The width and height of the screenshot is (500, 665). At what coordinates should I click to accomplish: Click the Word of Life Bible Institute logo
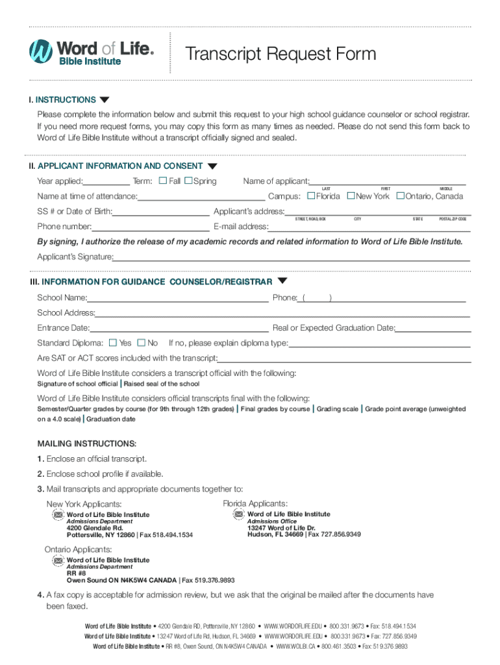pos(91,51)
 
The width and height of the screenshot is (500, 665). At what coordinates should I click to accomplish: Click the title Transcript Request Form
pos(281,53)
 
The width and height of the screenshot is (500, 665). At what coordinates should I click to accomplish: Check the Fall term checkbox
pos(163,181)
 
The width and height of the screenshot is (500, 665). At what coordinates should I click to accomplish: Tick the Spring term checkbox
pos(188,181)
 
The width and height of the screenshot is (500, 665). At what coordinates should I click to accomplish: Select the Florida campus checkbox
pos(311,195)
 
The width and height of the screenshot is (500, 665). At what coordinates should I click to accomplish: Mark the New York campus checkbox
pos(351,195)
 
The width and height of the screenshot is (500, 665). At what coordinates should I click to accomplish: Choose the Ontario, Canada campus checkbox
pos(401,195)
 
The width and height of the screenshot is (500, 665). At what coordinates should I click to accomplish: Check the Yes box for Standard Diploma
pos(113,343)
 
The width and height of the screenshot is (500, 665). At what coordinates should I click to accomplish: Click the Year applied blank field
pos(106,182)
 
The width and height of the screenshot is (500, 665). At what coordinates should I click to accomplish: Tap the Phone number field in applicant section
pos(151,227)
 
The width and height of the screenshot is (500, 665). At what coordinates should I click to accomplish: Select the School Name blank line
pos(178,299)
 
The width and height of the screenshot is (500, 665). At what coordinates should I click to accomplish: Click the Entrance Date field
pos(179,329)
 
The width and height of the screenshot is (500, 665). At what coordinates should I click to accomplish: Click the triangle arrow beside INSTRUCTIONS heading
pos(105,100)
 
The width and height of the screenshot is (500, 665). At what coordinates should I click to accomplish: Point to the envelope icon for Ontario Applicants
pos(57,560)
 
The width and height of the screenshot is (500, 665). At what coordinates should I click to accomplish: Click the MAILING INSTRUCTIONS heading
pos(87,444)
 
